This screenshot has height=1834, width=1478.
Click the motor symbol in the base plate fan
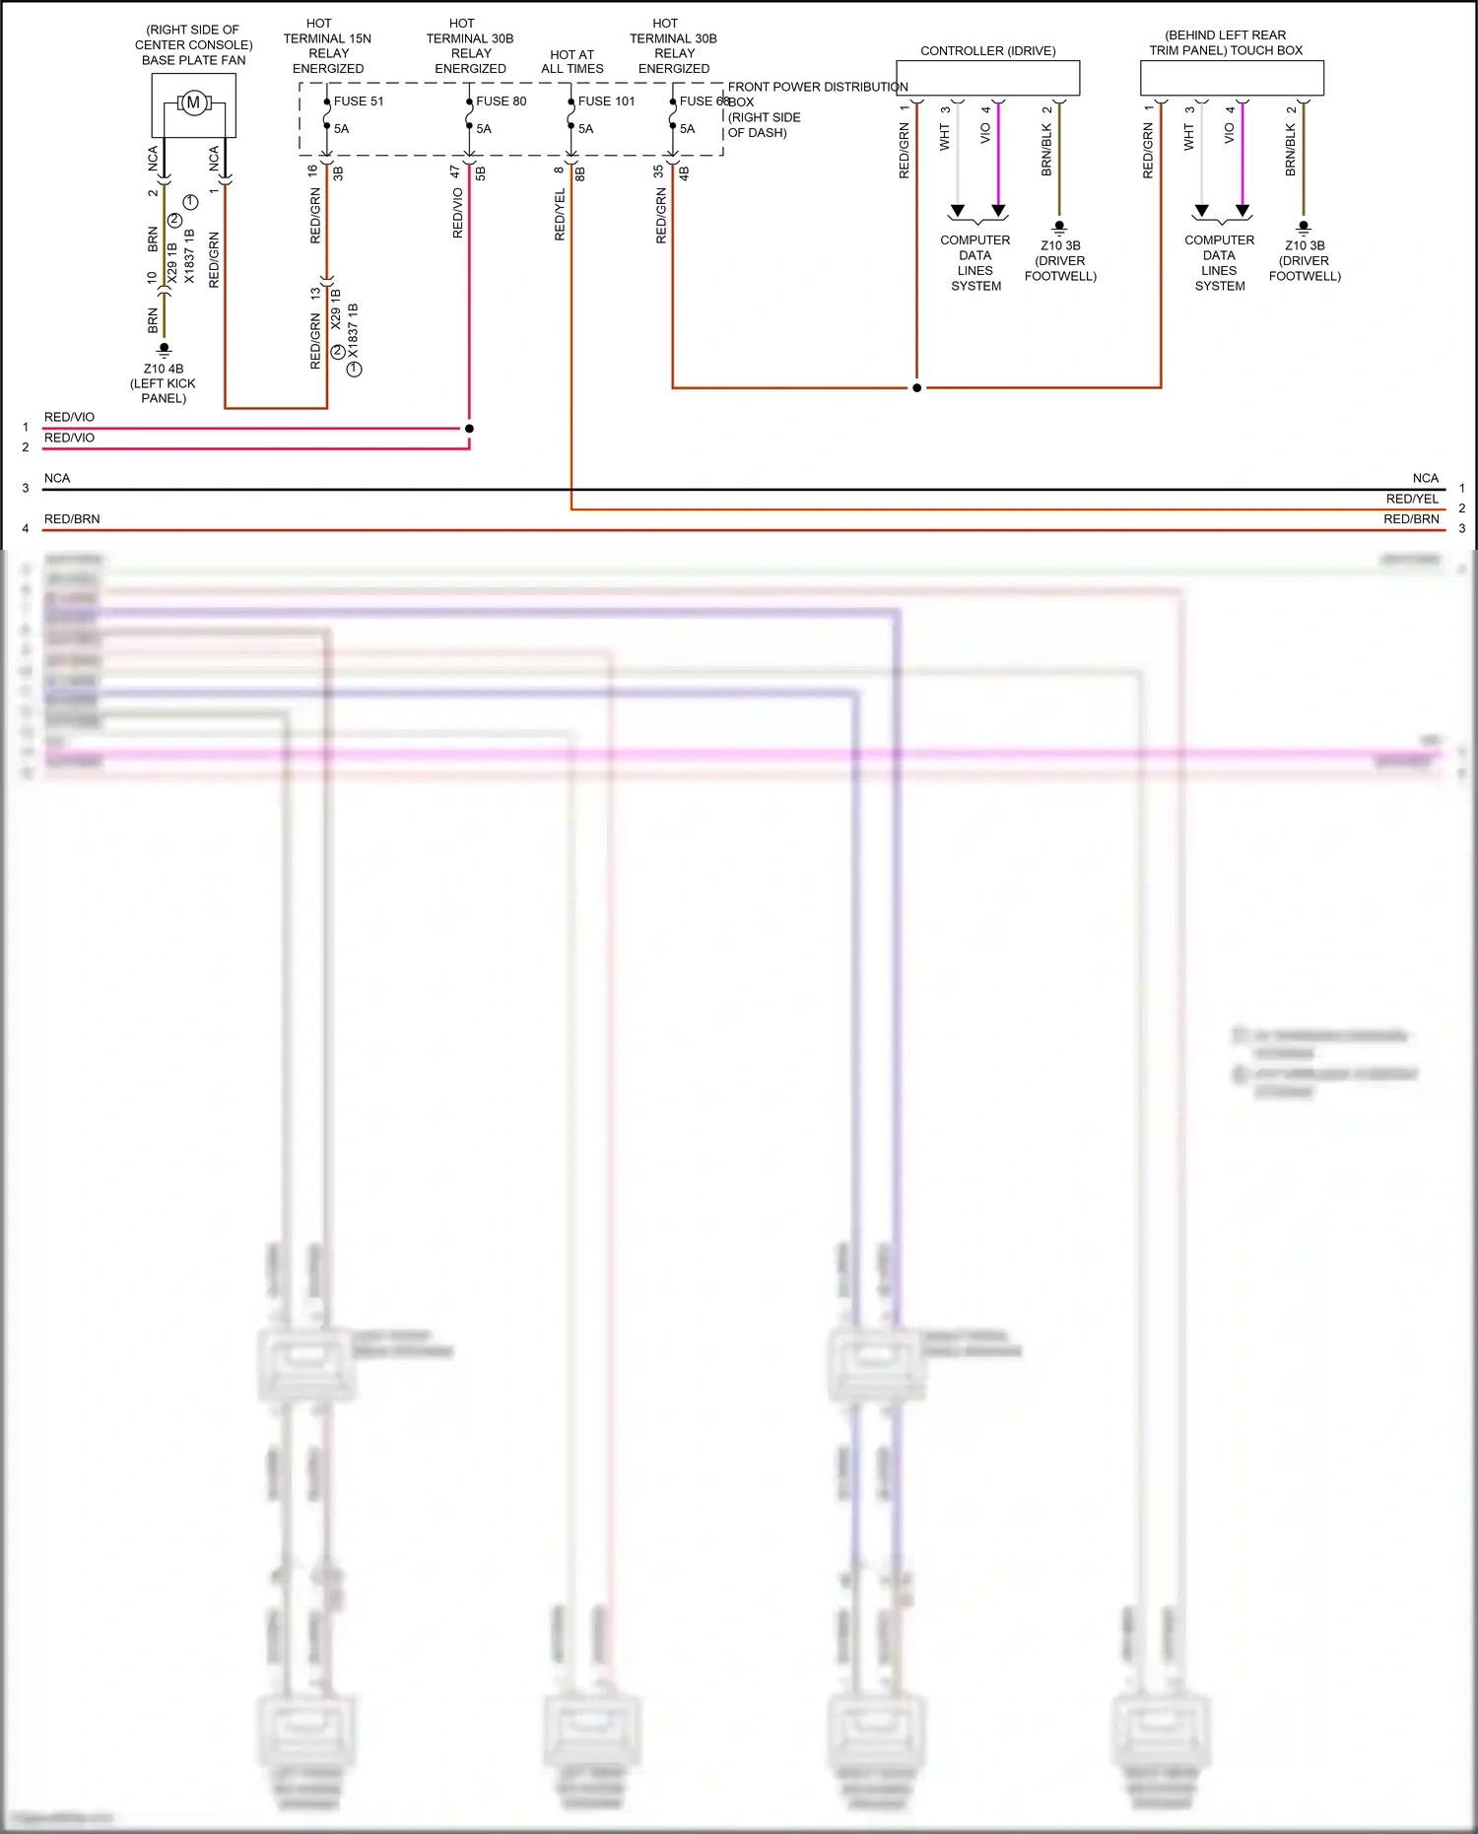pos(193,102)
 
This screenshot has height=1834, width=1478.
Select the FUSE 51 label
pos(359,101)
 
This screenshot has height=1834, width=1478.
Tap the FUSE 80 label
pos(501,101)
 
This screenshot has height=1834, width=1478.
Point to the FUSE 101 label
pos(606,101)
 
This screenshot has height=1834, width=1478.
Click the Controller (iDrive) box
pos(987,78)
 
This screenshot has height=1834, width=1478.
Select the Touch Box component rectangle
pos(1232,78)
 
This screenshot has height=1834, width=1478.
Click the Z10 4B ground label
pos(164,370)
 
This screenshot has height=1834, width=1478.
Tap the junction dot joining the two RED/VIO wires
pos(469,429)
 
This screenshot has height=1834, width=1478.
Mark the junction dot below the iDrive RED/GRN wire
pos(916,388)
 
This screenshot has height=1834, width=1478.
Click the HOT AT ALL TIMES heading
pos(572,61)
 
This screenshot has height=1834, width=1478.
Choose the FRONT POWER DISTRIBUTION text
pos(817,87)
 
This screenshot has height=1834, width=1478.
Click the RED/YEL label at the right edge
pos(1412,499)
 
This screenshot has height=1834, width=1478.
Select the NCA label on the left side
pos(57,478)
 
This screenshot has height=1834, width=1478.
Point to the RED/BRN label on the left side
pos(72,518)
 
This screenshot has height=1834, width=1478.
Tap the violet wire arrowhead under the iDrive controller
pos(998,211)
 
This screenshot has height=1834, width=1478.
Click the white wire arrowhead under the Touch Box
pos(1201,211)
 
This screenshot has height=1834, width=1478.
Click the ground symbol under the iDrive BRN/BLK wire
pos(1059,228)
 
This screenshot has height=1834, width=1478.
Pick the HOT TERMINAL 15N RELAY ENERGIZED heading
pos(327,45)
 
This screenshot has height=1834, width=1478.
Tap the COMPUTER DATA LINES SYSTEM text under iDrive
pos(975,262)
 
